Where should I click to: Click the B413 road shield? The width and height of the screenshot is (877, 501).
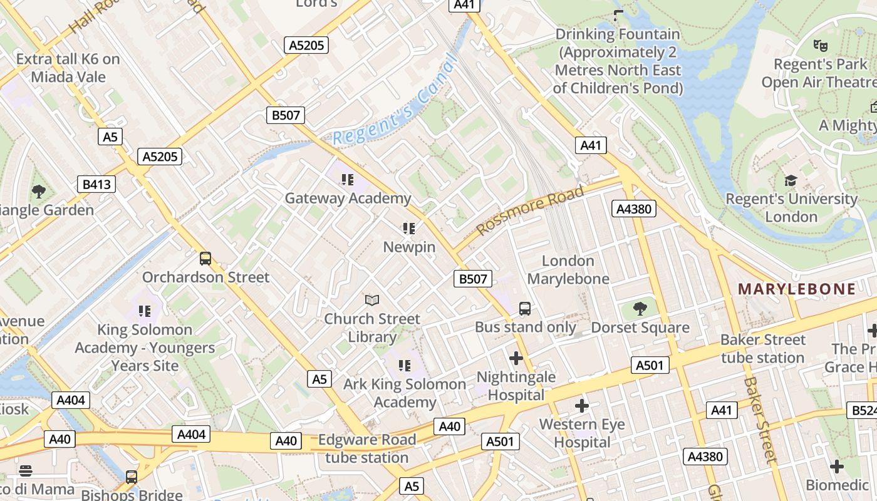[x=96, y=184]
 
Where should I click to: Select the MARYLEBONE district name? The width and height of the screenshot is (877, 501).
[x=797, y=289]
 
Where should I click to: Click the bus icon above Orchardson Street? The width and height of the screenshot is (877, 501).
[x=205, y=259]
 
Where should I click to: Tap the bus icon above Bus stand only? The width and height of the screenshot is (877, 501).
[x=525, y=309]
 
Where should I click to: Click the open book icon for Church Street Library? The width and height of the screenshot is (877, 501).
[x=372, y=301]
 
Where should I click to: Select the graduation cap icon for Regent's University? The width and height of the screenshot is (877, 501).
[x=791, y=181]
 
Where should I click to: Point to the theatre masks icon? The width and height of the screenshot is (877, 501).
[x=820, y=46]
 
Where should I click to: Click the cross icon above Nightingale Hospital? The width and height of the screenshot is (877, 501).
[x=516, y=358]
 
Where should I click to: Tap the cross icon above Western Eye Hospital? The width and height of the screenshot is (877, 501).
[x=582, y=406]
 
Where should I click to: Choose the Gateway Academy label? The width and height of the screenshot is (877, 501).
[x=348, y=199]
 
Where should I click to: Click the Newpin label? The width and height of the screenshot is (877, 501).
[x=409, y=247]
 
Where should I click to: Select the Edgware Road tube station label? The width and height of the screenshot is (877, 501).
[x=367, y=448]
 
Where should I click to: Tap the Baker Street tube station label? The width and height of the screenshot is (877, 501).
[x=762, y=349]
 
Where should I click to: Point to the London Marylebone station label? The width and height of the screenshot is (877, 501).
[x=568, y=269]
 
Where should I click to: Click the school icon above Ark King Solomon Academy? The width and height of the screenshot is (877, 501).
[x=405, y=365]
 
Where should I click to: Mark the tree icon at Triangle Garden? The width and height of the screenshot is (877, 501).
[x=39, y=191]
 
